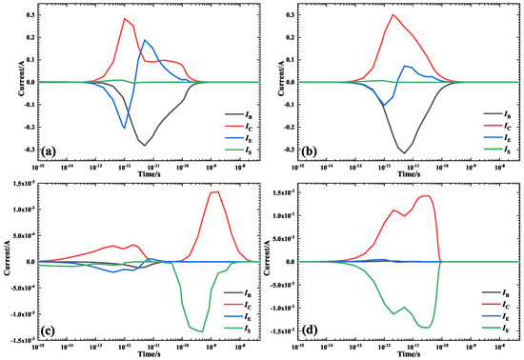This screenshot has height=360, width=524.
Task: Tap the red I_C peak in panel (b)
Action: coord(393,14)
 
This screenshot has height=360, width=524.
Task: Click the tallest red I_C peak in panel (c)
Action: coord(216,192)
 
